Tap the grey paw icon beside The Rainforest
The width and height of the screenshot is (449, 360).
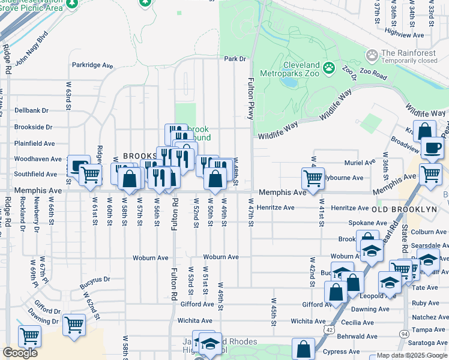click(x=372, y=56)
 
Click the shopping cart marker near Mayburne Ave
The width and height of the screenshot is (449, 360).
click(x=313, y=178)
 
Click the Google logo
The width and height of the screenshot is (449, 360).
click(x=20, y=353)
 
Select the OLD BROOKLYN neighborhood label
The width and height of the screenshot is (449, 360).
click(x=404, y=209)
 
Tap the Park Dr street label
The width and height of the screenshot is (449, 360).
click(x=235, y=59)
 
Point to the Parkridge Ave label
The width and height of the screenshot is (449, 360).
click(x=92, y=65)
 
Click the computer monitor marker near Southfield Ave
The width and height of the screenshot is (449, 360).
click(x=79, y=166)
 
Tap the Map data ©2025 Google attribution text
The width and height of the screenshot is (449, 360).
click(x=412, y=355)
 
